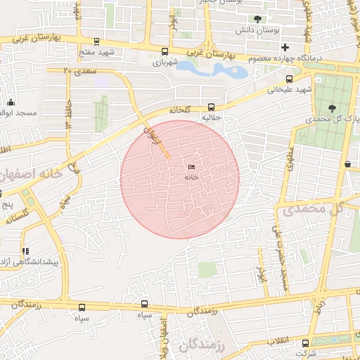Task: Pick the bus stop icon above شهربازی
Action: coord(165,51)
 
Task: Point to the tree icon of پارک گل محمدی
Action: coord(332,108)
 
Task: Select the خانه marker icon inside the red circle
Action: coord(191,167)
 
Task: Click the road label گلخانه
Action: coord(180,110)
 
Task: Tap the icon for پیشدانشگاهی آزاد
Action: coord(26,251)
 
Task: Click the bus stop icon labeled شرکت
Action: coord(305,343)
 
